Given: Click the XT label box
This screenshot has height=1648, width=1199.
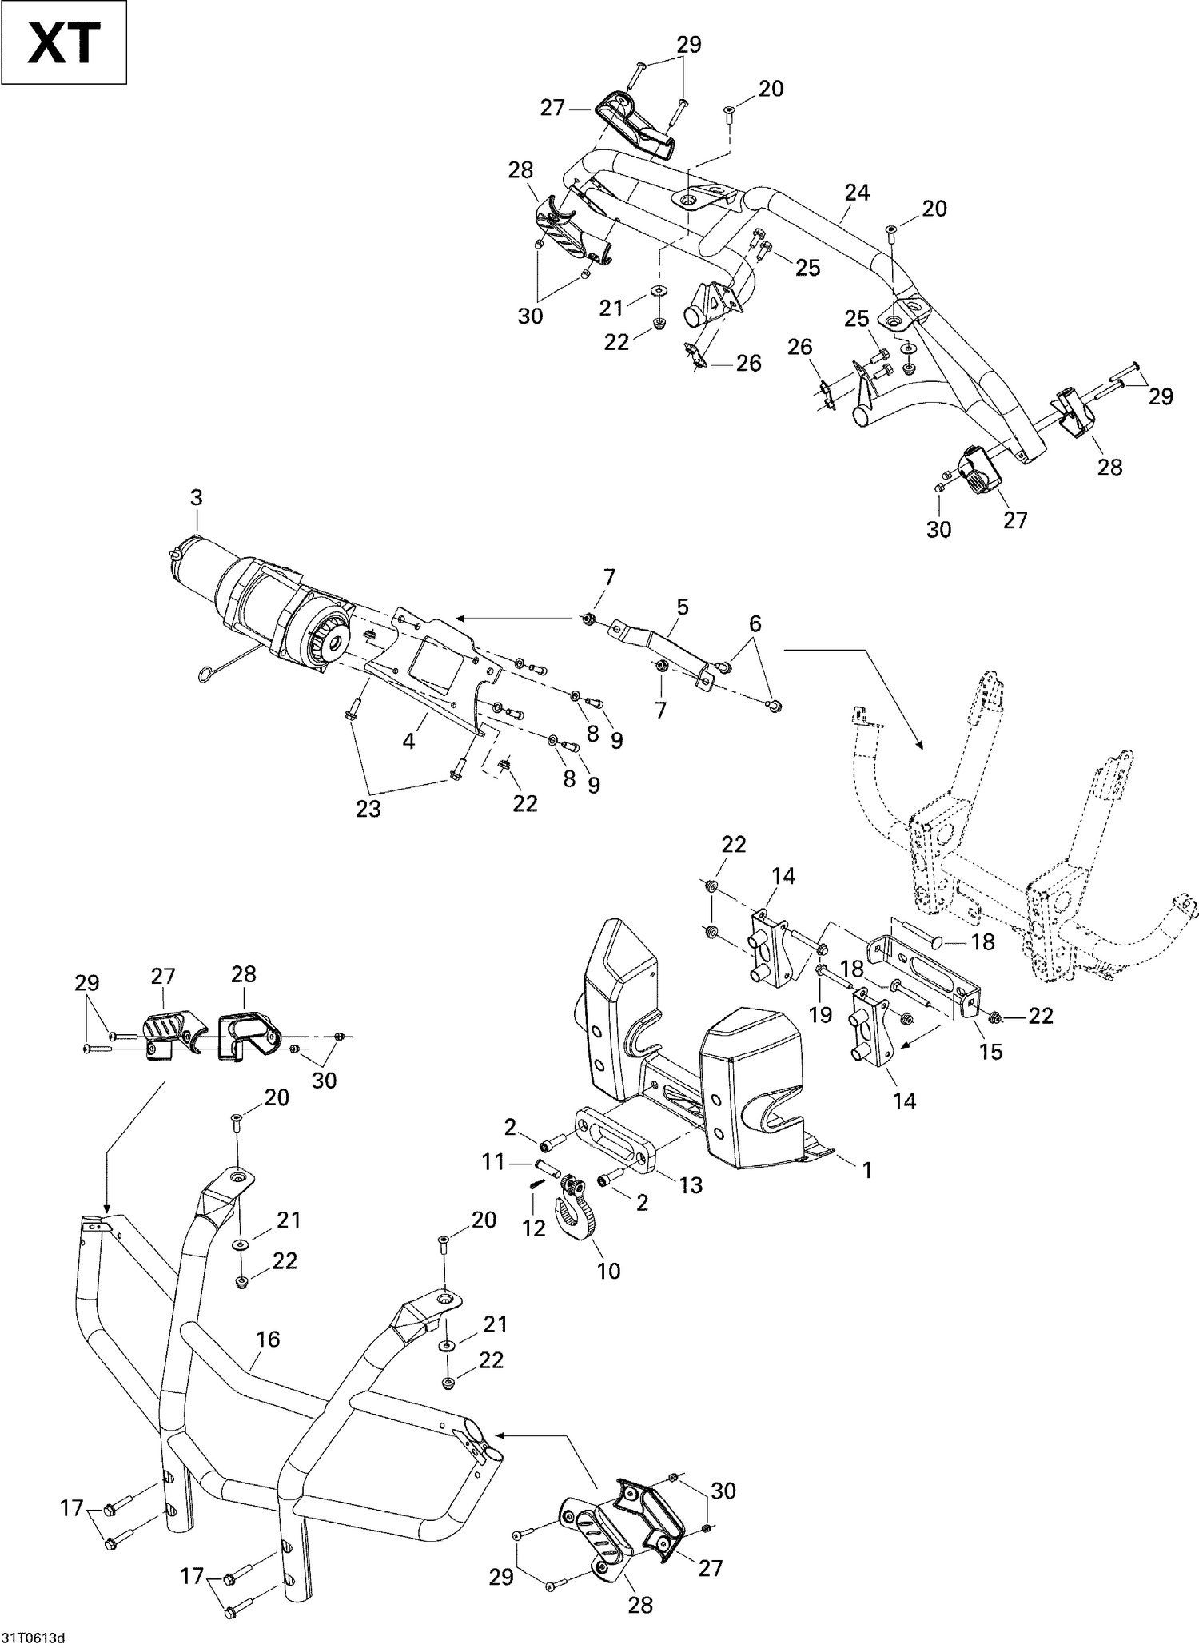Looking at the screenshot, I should click(64, 42).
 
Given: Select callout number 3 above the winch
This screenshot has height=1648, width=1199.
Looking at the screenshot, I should click(196, 498).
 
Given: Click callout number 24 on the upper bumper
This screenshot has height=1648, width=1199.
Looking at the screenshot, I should click(857, 193).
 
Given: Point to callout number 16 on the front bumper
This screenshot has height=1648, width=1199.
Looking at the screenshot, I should click(268, 1339).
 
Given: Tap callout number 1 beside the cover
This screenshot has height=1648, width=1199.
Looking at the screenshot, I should click(866, 1170).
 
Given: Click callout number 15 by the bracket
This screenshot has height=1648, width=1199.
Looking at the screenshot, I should click(990, 1051).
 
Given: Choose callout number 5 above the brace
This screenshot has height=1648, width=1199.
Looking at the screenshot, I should click(682, 607).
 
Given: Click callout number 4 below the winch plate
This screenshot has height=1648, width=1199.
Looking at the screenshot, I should click(408, 741).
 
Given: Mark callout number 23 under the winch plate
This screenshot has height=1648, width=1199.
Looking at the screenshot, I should click(368, 809).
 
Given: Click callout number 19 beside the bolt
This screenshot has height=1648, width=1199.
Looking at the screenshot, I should click(821, 1014).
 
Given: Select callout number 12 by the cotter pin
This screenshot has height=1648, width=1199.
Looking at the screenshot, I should click(533, 1228).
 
